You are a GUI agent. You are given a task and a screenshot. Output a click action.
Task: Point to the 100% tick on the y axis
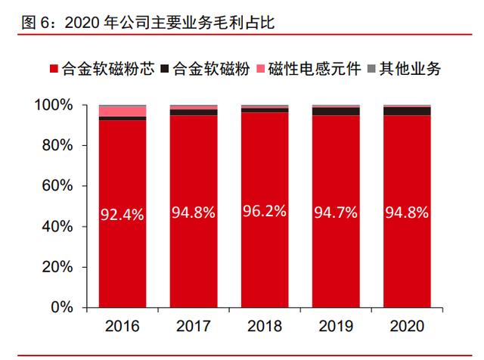coord(54,104)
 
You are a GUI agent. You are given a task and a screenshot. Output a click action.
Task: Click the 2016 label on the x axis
coord(123,327)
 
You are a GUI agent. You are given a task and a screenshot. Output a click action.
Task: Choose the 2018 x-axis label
coord(265,327)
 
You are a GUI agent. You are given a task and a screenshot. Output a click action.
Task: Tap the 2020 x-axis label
coord(407,327)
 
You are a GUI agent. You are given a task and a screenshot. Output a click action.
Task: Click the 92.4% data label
coord(123,216)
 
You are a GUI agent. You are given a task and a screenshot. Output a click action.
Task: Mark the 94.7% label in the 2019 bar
coord(336,213)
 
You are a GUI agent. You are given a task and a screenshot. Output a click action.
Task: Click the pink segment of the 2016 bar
coord(123,112)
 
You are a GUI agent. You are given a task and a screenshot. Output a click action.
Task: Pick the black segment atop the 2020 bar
coord(407,111)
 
